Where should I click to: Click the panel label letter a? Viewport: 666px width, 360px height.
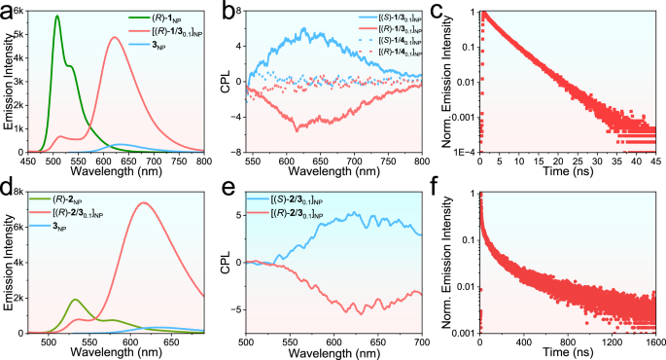click(8, 10)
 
